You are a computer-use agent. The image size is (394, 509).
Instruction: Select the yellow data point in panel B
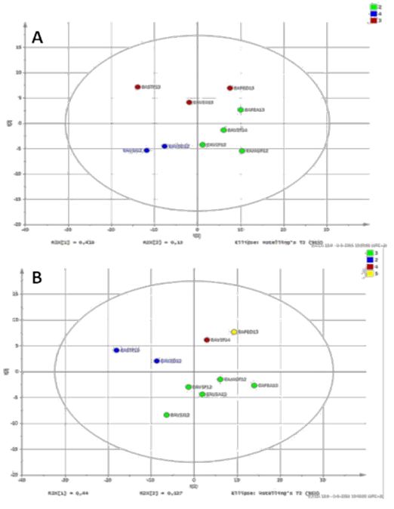pyautogui.click(x=234, y=332)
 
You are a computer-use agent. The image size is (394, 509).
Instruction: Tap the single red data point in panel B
pyautogui.click(x=207, y=340)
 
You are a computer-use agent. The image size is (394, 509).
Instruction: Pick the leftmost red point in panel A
pyautogui.click(x=137, y=87)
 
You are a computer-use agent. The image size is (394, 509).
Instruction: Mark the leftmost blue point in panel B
pyautogui.click(x=116, y=350)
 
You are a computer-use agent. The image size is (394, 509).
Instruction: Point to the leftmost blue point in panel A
pyautogui.click(x=146, y=150)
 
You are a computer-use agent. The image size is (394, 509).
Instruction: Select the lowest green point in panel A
pyautogui.click(x=242, y=151)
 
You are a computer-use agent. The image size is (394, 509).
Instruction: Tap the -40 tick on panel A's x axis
pyautogui.click(x=26, y=230)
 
